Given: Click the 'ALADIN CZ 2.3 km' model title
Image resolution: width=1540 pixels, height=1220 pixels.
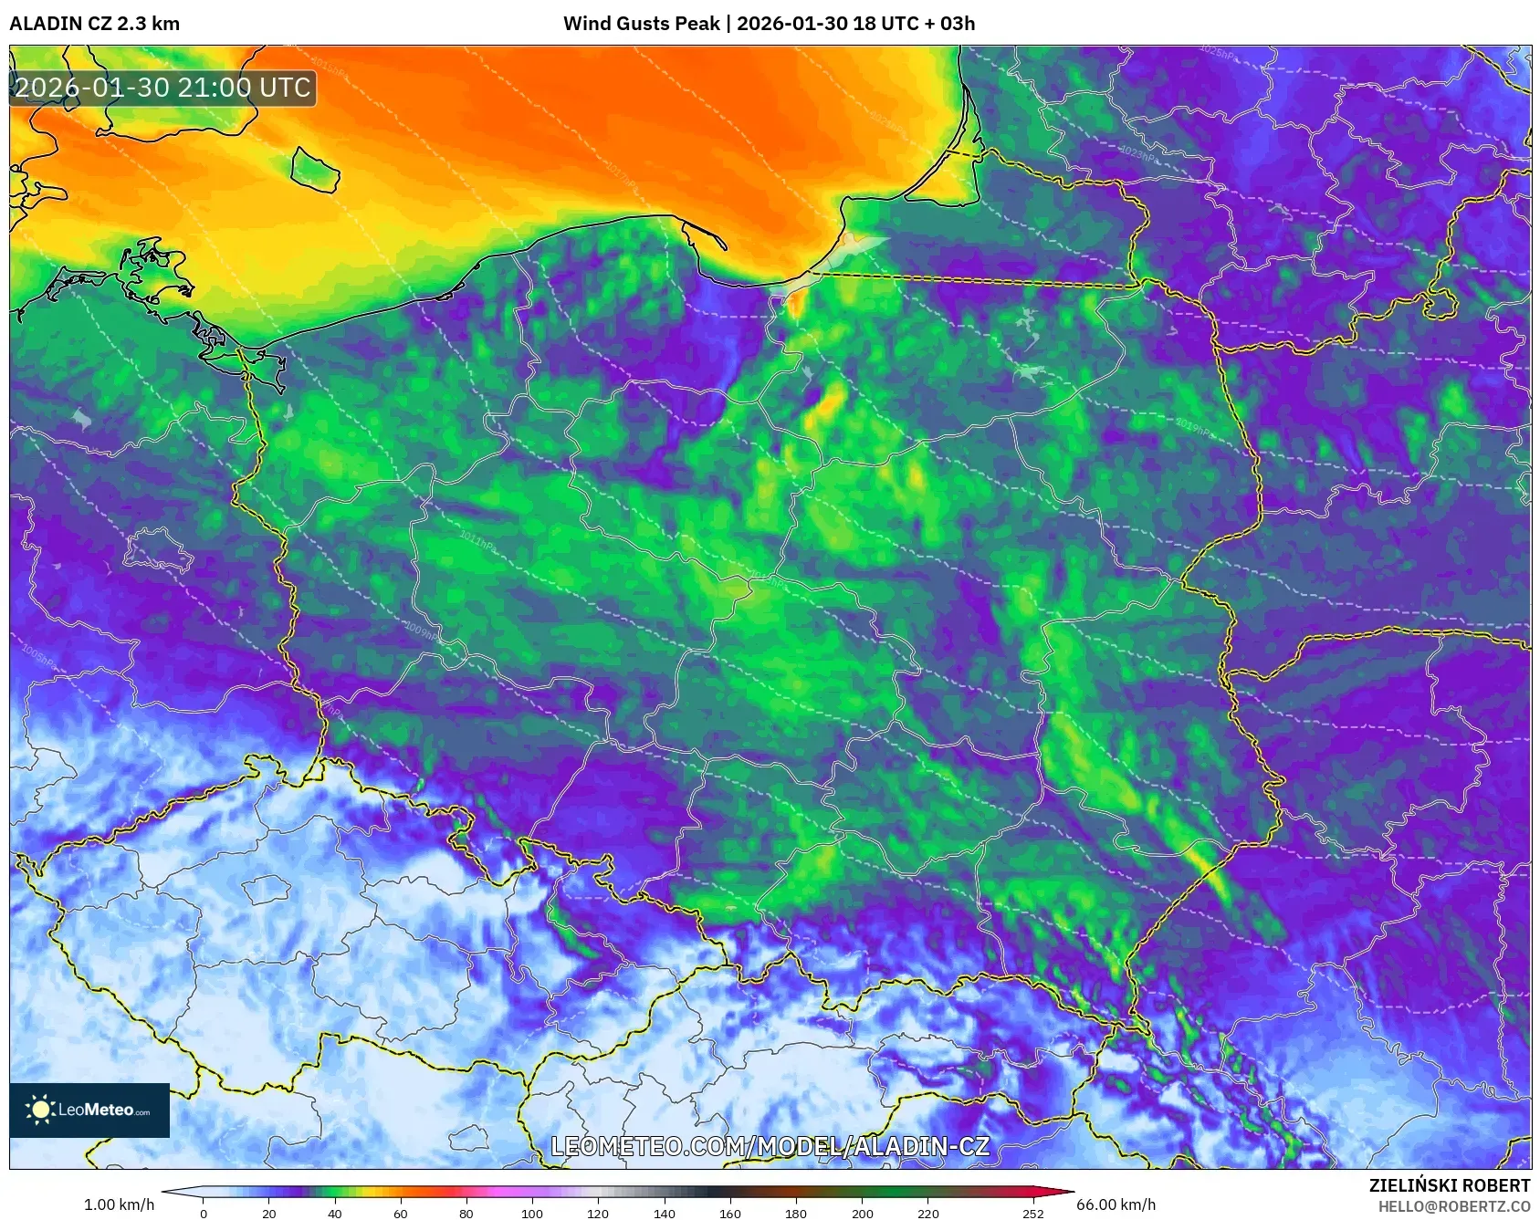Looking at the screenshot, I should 94,24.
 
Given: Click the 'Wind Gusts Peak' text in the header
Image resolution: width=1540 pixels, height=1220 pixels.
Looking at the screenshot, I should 641,24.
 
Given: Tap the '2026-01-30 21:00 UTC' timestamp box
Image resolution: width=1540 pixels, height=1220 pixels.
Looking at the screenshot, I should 162,88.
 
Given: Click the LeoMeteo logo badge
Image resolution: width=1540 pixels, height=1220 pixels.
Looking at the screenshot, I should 89,1110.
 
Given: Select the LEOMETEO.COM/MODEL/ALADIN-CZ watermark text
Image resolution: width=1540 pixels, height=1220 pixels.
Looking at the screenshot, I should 770,1146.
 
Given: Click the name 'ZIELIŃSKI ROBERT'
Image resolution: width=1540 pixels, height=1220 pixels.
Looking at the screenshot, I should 1449,1185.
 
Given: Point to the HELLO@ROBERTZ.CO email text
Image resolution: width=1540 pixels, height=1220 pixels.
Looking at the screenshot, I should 1453,1206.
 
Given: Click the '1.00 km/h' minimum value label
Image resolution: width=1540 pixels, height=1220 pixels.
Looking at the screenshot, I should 119,1204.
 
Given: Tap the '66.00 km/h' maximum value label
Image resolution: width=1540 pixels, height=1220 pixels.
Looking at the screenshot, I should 1116,1204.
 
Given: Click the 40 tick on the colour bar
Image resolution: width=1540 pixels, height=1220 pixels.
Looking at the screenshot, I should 334,1214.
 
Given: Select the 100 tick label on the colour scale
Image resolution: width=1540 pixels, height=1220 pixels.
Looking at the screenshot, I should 531,1214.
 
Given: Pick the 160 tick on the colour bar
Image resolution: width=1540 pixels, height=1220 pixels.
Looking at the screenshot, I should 729,1214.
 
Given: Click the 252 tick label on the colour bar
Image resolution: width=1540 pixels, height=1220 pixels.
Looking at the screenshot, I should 1032,1214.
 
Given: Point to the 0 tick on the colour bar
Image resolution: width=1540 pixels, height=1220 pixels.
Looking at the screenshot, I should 204,1214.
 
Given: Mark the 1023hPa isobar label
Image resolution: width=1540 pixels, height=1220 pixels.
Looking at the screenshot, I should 1137,153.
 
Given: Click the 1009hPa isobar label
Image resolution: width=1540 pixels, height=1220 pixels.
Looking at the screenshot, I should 421,631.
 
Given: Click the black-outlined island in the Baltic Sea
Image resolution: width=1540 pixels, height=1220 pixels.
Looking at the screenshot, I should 315,170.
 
